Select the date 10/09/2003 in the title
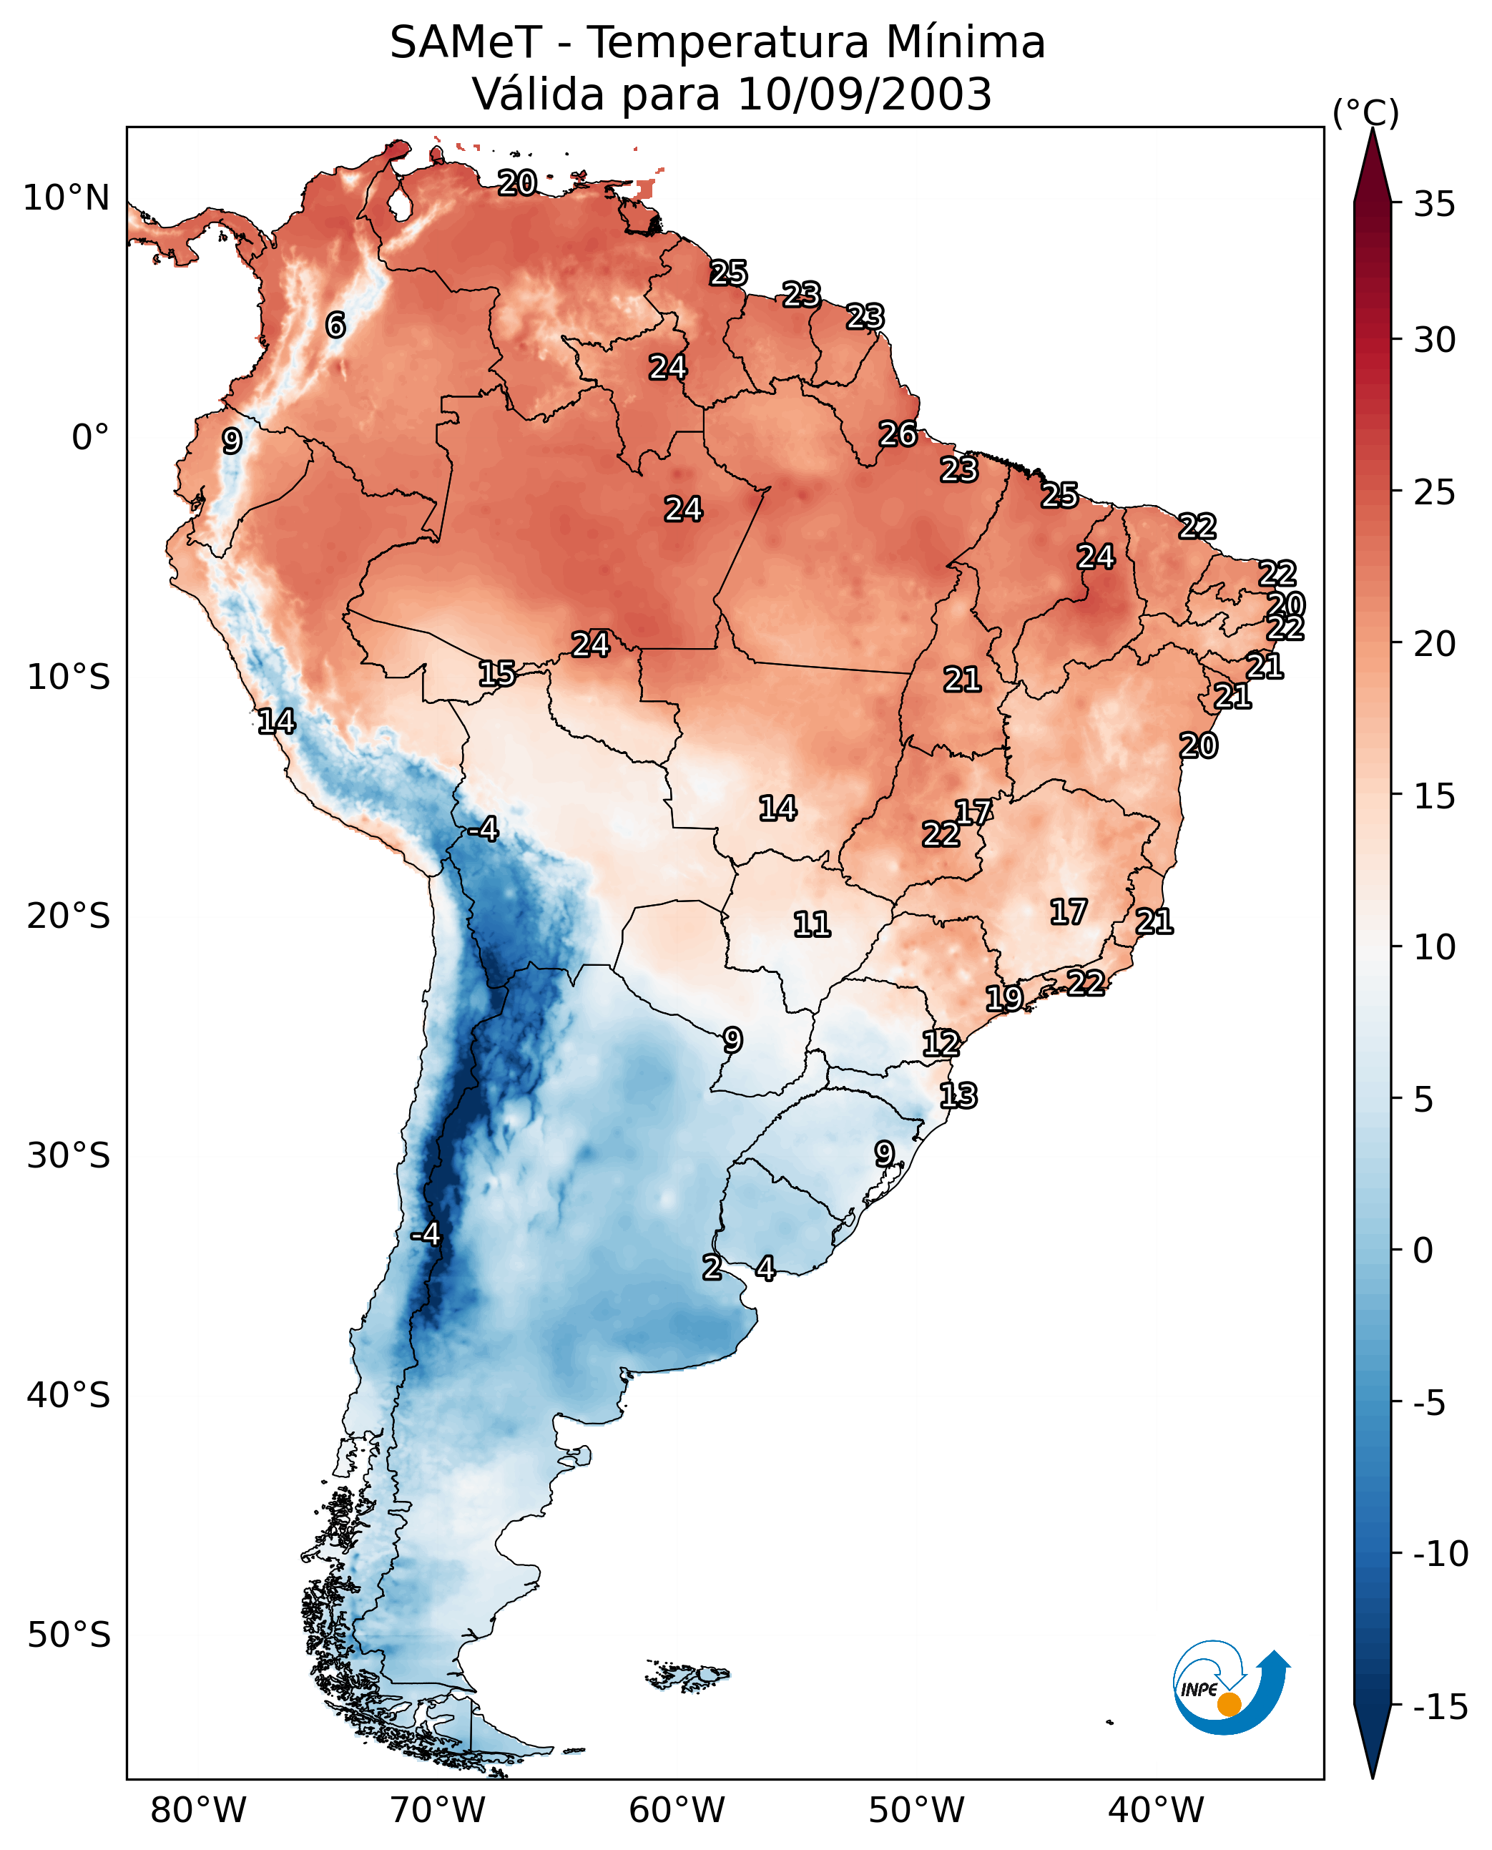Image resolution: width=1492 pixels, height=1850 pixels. click(x=865, y=94)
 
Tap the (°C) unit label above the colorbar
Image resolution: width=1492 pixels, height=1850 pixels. click(x=1365, y=112)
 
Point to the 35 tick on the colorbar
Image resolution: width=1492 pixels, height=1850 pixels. click(x=1434, y=204)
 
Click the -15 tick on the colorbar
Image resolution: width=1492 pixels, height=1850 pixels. click(x=1440, y=1706)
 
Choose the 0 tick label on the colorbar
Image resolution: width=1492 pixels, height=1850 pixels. click(x=1423, y=1250)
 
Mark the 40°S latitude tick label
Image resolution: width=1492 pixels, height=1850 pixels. click(x=69, y=1394)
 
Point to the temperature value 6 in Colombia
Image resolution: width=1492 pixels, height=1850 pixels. click(x=335, y=325)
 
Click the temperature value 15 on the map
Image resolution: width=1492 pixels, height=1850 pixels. click(x=497, y=674)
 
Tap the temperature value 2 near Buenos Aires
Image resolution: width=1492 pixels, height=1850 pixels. click(x=712, y=1267)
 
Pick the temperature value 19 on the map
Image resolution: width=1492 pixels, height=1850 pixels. click(x=1003, y=998)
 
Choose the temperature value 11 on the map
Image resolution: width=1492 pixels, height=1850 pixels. click(x=811, y=925)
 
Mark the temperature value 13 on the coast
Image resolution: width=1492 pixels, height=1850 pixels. click(x=958, y=1096)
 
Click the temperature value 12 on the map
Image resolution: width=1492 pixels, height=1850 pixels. click(x=941, y=1044)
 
